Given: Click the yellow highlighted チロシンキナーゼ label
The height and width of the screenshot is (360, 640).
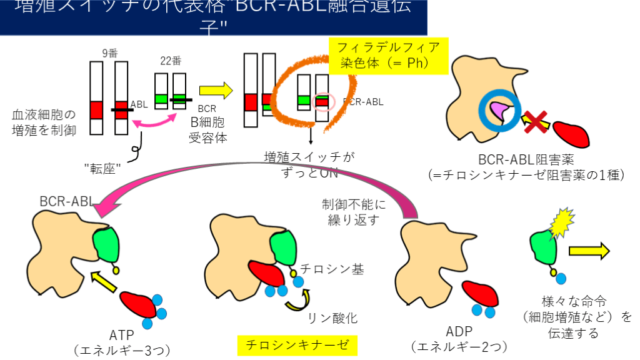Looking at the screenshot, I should [296, 344].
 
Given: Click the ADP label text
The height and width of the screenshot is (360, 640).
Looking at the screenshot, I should [459, 330].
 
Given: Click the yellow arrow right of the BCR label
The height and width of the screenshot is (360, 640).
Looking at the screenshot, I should [216, 91].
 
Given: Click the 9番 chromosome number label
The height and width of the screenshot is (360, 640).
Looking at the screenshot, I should [109, 54].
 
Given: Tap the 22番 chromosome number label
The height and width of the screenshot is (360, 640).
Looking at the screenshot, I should [171, 61].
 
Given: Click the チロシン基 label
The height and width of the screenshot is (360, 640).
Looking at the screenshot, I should [332, 270].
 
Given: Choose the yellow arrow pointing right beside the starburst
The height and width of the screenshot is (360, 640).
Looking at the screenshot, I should [589, 251].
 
